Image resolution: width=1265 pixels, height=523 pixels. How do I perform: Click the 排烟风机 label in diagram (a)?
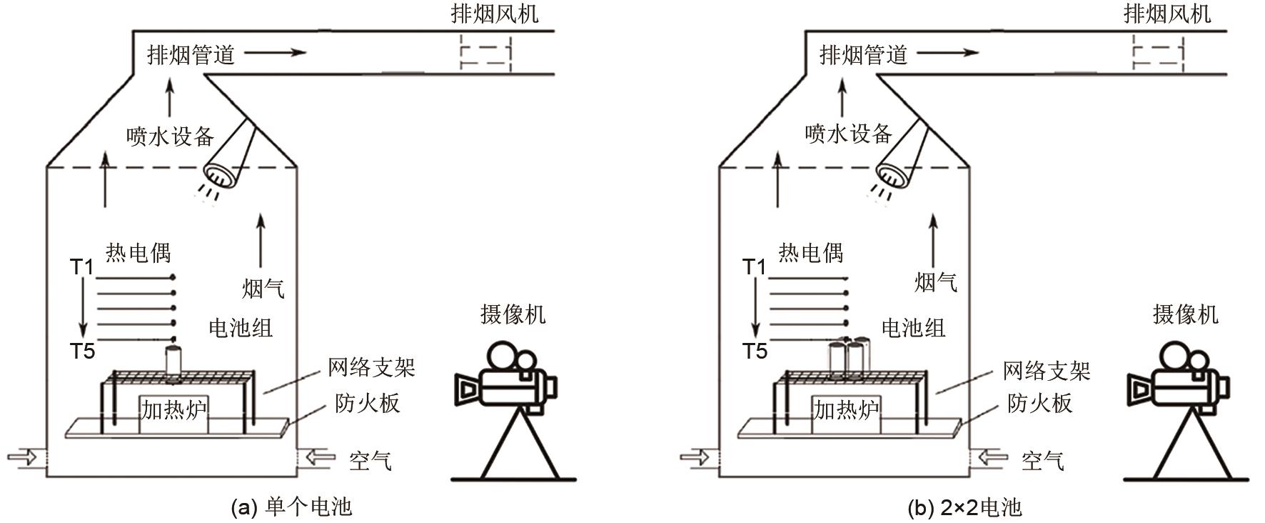point(494,13)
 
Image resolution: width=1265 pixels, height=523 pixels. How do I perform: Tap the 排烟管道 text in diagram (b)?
point(863,54)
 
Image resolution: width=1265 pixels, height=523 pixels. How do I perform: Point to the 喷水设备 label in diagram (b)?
point(848,134)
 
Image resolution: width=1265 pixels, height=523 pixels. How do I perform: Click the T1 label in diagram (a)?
point(82,267)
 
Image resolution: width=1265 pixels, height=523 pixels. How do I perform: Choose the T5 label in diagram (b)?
point(755,351)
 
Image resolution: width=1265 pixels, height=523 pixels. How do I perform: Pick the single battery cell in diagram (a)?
point(173,359)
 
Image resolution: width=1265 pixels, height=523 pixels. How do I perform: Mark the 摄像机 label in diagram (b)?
point(1185,314)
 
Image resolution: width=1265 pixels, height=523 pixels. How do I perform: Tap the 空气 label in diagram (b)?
point(1043,460)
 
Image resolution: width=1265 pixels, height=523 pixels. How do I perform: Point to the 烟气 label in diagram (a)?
point(263,289)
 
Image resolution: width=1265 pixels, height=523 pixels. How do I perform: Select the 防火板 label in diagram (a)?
point(367,404)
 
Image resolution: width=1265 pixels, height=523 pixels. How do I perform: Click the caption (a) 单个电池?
point(292,507)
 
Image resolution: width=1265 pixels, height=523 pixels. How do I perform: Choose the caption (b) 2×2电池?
point(964,507)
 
